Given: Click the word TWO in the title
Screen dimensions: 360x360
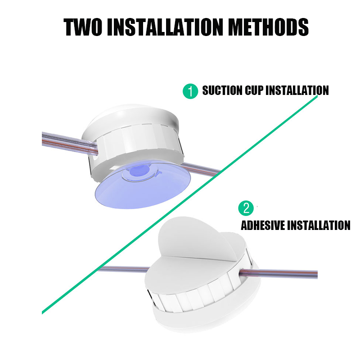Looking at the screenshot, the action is point(83,27).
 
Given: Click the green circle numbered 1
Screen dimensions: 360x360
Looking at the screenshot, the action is point(190,91).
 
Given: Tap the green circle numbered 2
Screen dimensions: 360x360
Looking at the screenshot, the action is point(246,208).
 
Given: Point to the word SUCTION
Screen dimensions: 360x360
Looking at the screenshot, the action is point(222,90).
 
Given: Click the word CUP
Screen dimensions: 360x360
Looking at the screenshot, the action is point(254,90).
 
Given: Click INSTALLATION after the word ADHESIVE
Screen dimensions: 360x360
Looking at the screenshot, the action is point(319,225).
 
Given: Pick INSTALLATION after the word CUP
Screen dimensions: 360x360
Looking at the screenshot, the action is point(297,90).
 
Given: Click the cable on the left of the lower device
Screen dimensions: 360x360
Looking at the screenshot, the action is point(123,269).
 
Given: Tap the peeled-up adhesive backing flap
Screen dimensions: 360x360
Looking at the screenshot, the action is point(195,239).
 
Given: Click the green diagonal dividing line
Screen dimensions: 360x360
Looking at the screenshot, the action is point(180,204).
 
